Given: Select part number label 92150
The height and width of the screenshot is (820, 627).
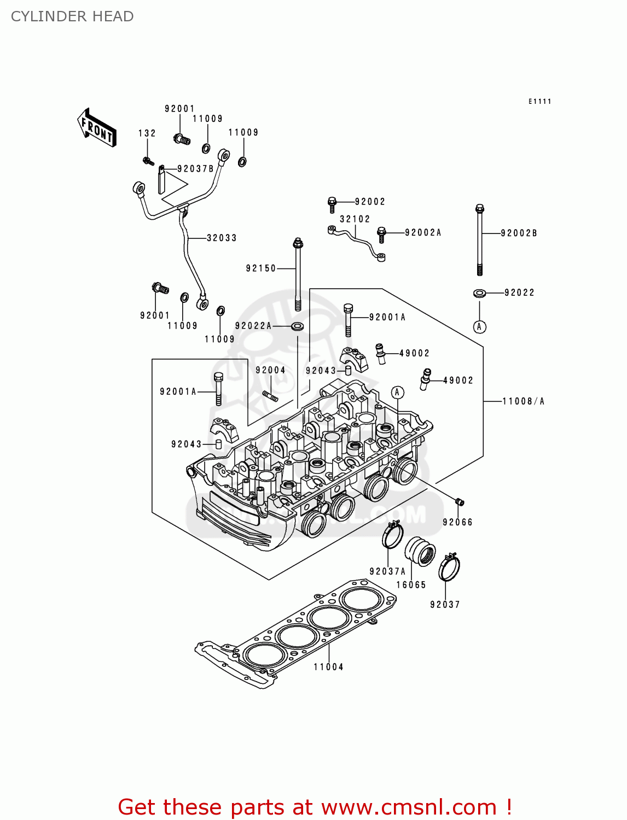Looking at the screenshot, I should click(261, 268).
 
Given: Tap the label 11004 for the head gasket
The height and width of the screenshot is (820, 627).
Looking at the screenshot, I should click(328, 667).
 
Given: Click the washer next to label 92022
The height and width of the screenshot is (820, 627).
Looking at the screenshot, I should click(480, 294).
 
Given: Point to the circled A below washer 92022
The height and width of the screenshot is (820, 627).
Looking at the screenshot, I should click(480, 327).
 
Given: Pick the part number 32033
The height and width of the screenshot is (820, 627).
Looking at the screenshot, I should click(222, 238).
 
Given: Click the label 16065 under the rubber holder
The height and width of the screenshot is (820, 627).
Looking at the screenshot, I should click(411, 585).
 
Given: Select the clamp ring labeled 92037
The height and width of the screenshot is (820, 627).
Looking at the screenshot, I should click(449, 569).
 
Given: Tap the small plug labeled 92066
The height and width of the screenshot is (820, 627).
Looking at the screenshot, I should click(460, 502).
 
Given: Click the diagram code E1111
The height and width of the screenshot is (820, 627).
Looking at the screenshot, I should click(539, 101).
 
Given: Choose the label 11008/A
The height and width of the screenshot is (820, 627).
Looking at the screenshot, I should click(524, 401).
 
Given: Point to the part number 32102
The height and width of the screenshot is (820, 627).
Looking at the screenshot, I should click(355, 219).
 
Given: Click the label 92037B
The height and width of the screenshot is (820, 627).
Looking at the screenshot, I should click(195, 169).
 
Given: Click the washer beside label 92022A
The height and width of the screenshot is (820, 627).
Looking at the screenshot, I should click(298, 326).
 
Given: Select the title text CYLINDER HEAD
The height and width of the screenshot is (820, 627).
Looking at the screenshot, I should click(72, 16).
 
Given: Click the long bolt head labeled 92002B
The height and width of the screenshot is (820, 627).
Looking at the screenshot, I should click(480, 209).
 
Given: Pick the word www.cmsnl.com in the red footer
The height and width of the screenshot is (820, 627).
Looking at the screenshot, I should click(409, 807).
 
